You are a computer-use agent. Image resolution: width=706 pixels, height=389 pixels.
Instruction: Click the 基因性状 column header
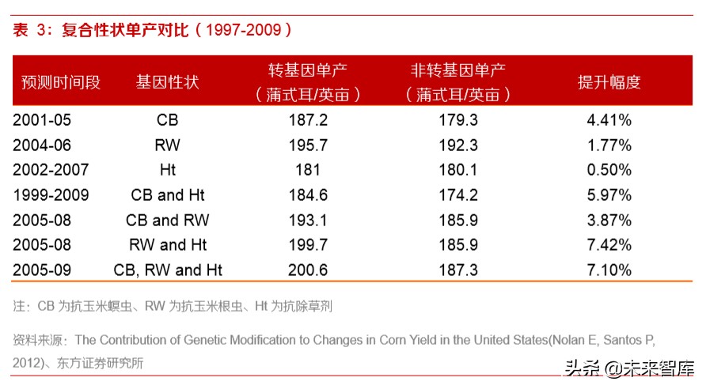tap(167, 82)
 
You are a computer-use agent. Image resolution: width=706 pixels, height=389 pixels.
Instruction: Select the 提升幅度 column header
tap(609, 82)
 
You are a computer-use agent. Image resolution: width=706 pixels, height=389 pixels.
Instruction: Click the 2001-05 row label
tap(45, 121)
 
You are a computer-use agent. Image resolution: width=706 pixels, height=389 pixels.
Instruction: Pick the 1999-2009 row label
tap(51, 195)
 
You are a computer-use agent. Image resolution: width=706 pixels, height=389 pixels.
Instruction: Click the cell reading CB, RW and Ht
tap(168, 270)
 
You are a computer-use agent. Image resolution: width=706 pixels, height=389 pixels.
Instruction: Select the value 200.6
tap(309, 270)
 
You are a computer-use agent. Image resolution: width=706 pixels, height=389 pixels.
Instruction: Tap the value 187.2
tap(309, 121)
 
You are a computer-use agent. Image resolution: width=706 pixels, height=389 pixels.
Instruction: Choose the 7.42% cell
tap(609, 245)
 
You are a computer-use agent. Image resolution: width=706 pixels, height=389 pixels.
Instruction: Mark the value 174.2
tap(458, 195)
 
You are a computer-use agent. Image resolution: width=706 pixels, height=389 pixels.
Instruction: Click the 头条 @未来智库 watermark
tap(629, 369)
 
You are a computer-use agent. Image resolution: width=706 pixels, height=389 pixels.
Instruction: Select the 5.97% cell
tap(609, 195)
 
